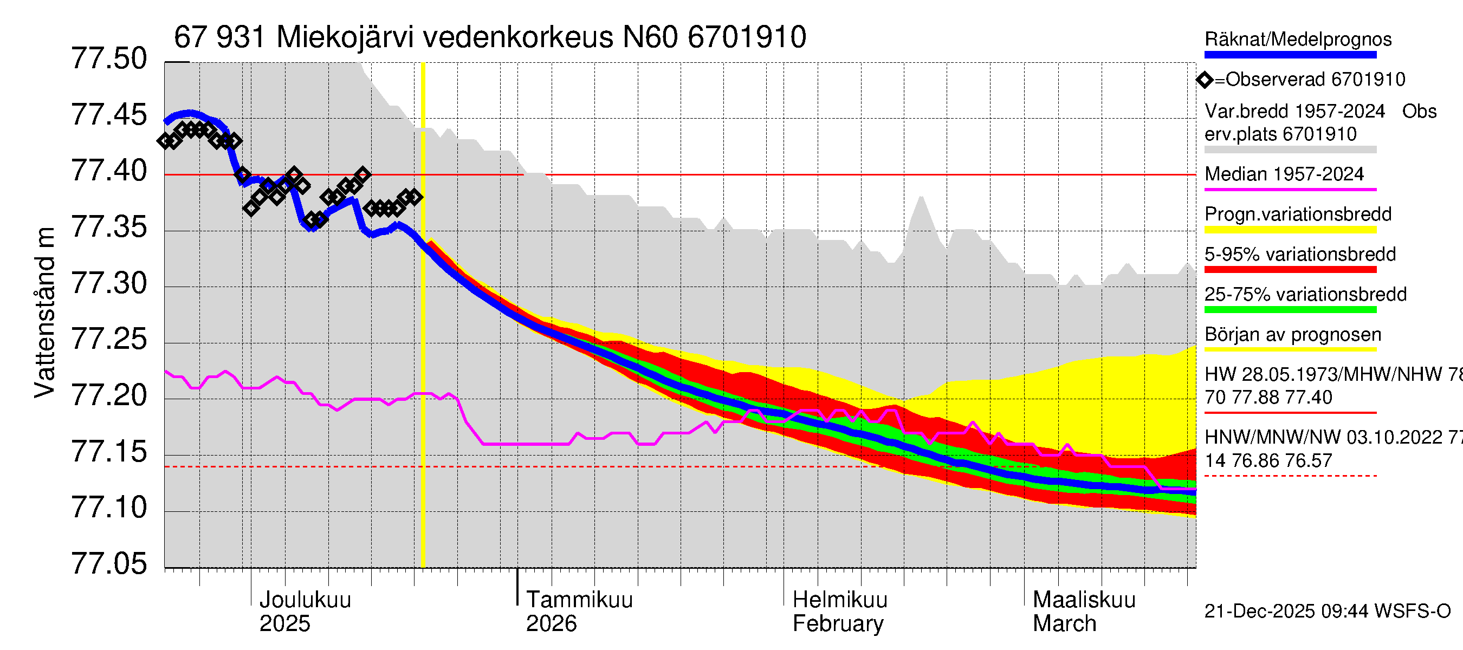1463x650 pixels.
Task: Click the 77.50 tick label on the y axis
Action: click(108, 59)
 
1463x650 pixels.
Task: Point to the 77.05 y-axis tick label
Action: click(108, 564)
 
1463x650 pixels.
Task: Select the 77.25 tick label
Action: click(108, 340)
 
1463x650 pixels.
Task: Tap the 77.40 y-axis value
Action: click(108, 171)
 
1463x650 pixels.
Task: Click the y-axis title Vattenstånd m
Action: click(44, 312)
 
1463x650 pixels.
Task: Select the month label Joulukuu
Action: click(305, 600)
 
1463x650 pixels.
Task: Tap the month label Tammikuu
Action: click(579, 600)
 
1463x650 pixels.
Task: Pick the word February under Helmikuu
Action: click(838, 623)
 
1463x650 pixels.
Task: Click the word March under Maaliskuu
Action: click(1064, 623)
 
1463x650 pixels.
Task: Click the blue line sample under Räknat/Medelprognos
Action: click(1290, 55)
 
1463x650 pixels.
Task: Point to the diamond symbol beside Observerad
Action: click(1205, 80)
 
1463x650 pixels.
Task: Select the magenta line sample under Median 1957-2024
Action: click(1290, 190)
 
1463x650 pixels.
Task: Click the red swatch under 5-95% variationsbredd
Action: click(1290, 270)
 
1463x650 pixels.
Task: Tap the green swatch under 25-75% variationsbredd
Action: click(1290, 310)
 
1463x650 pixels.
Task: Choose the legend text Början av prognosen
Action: click(1293, 334)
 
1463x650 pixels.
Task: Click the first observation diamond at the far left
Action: click(165, 141)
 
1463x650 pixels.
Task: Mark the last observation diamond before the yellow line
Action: click(415, 197)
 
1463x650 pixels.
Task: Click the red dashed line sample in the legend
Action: click(1290, 476)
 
